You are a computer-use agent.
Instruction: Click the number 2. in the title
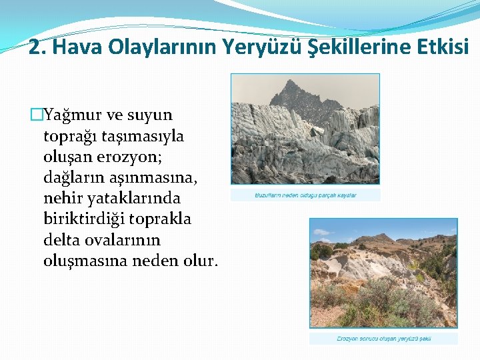click(37, 47)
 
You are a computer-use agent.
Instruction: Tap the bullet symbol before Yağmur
click(37, 115)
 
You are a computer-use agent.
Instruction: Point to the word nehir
click(61, 198)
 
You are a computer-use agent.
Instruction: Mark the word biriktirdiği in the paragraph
click(85, 219)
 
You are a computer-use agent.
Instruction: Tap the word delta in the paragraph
click(60, 239)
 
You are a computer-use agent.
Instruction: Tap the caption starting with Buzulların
click(305, 195)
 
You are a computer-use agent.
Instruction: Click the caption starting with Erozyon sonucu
click(383, 339)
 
